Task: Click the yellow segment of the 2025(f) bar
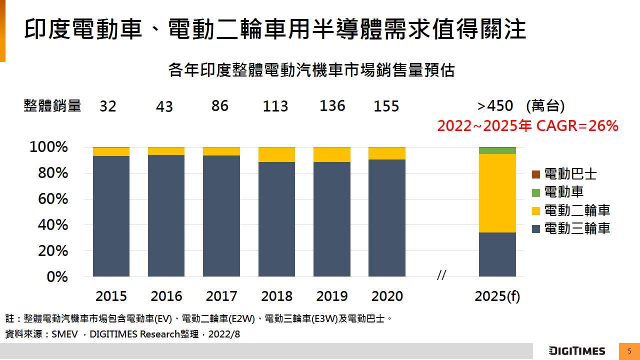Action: click(x=497, y=193)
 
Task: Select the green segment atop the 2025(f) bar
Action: click(x=497, y=150)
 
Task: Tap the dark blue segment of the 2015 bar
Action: click(x=111, y=216)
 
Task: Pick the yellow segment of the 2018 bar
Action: click(x=276, y=154)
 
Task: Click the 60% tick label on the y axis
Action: click(x=52, y=199)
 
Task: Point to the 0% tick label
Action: click(x=57, y=276)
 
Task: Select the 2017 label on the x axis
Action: click(x=221, y=296)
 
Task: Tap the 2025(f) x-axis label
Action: click(x=497, y=296)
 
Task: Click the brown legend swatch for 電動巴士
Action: click(x=535, y=174)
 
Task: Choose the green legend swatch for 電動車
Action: click(x=535, y=192)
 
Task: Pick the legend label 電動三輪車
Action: click(x=577, y=228)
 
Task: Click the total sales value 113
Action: click(x=275, y=106)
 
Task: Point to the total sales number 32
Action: click(x=107, y=106)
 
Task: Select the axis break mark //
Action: click(x=441, y=275)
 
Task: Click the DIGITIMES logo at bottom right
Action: click(x=576, y=351)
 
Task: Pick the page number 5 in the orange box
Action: click(x=629, y=351)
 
